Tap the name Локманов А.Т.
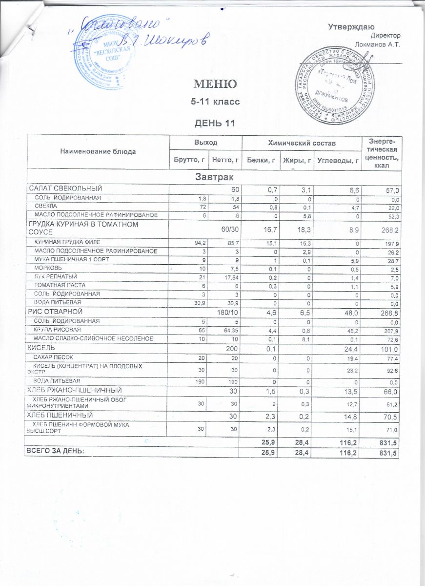pyautogui.click(x=377, y=45)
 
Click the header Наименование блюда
pyautogui.click(x=98, y=151)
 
